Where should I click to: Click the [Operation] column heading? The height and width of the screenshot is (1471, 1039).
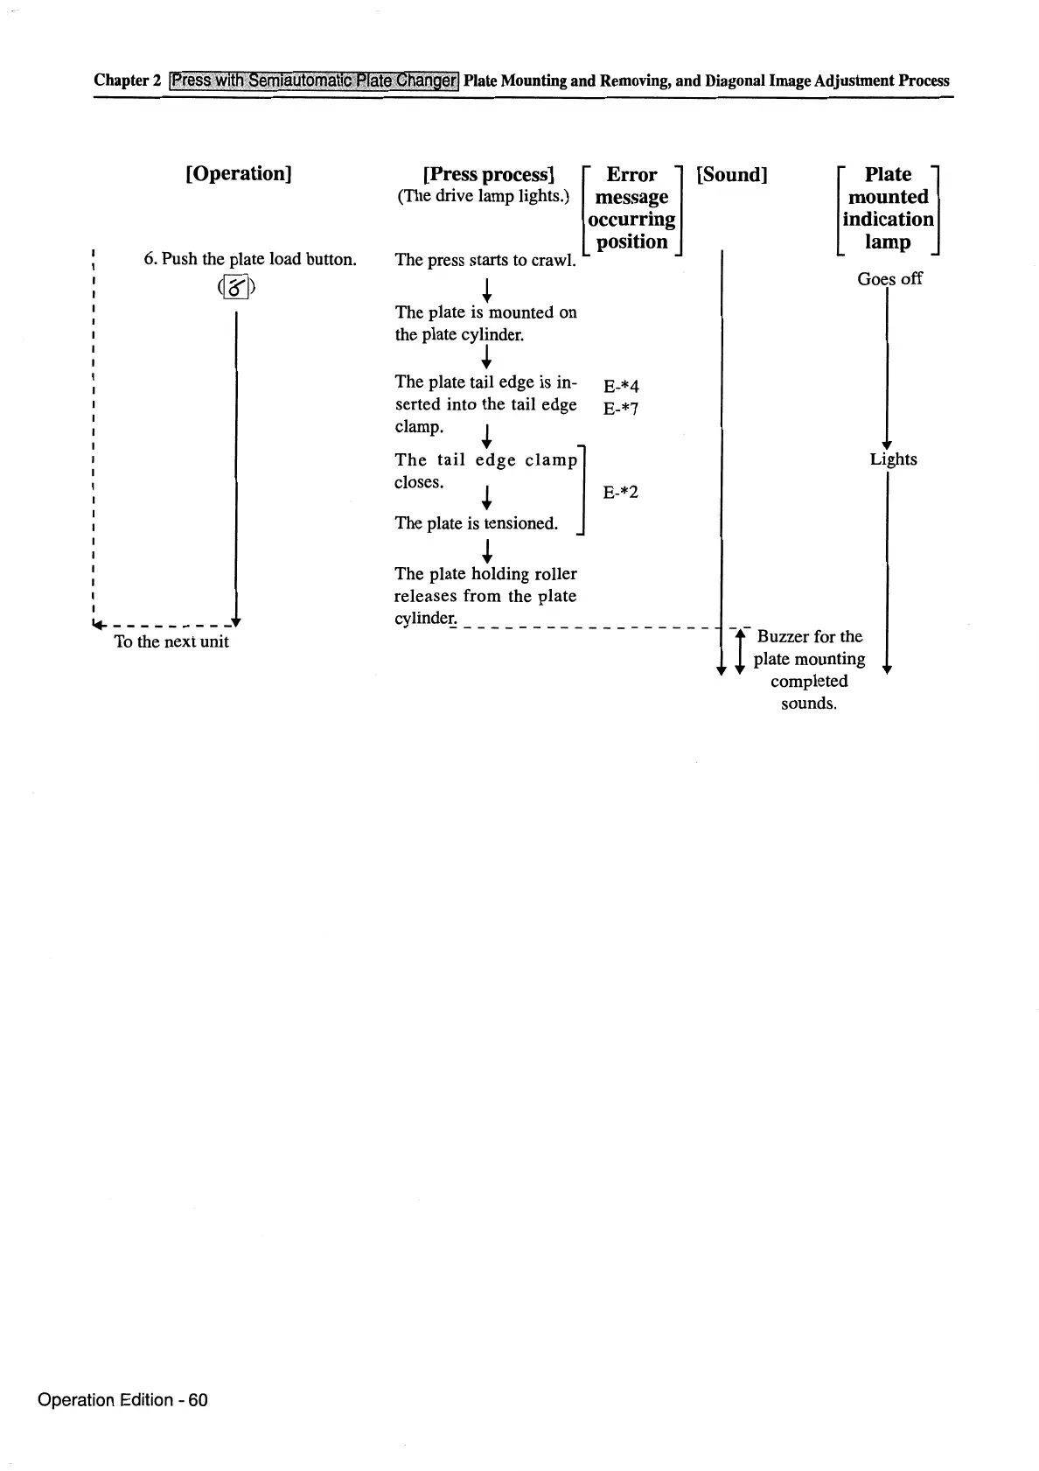(238, 173)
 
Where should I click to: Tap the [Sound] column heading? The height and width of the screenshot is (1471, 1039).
(731, 174)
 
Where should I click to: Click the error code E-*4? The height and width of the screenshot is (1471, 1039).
(621, 386)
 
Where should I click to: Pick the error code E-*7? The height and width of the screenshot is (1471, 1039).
(621, 409)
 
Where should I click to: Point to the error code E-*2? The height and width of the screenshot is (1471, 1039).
(621, 492)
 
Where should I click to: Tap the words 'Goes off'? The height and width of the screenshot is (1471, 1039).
(889, 278)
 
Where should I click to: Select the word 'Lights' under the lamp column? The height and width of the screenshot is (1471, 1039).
(893, 459)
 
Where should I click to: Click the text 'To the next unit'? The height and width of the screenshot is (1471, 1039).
(171, 641)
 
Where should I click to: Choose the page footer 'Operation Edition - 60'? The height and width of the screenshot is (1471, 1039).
(122, 1399)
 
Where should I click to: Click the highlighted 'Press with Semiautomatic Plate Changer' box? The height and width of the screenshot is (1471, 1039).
(314, 81)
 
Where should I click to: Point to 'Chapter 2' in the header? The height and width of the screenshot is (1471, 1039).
(128, 81)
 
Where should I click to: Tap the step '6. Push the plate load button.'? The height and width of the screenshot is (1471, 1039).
(250, 259)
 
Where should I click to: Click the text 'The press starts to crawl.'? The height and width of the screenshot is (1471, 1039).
(485, 260)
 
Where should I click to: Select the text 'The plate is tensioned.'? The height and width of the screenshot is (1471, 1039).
(476, 523)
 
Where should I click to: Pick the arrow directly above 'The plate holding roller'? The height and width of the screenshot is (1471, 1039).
(486, 550)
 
